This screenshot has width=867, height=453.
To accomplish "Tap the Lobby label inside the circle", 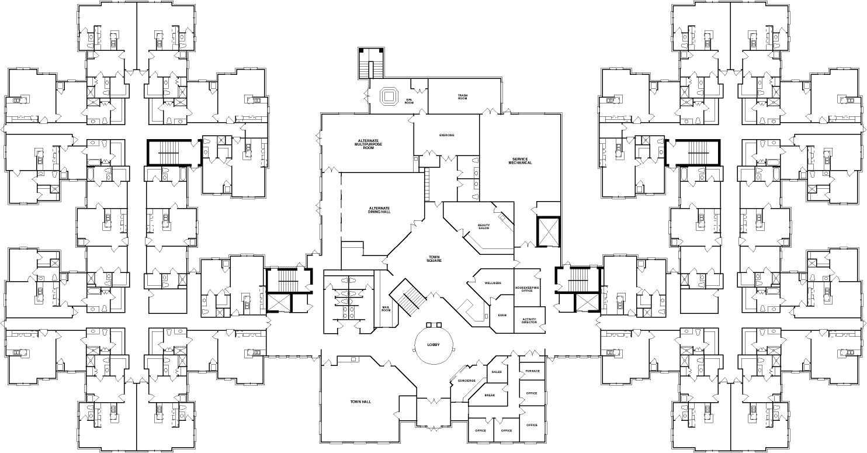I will click(x=434, y=345).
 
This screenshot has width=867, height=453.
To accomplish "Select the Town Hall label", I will click(x=361, y=402).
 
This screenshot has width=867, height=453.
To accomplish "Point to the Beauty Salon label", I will click(x=484, y=226).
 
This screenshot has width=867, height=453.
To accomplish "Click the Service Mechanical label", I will click(x=521, y=161).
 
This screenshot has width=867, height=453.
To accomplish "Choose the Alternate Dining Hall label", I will click(x=379, y=210).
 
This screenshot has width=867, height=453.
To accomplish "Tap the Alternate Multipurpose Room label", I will click(x=368, y=144).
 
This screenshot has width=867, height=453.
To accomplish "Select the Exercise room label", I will click(x=447, y=135).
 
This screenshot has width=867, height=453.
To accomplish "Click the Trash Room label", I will click(x=463, y=97).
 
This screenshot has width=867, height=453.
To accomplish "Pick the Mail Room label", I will click(x=386, y=309).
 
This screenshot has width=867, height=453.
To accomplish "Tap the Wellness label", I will click(x=493, y=283).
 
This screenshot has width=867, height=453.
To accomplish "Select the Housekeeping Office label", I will click(x=528, y=289).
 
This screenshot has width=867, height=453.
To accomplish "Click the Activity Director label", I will click(x=529, y=321).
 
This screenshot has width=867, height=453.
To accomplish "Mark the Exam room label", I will click(x=502, y=315).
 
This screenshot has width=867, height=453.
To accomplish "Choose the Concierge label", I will click(x=463, y=381).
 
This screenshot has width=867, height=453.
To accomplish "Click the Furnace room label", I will click(x=532, y=371).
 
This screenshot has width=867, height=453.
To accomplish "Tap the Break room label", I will click(x=490, y=395).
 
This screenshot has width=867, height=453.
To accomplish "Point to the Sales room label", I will click(x=497, y=372).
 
